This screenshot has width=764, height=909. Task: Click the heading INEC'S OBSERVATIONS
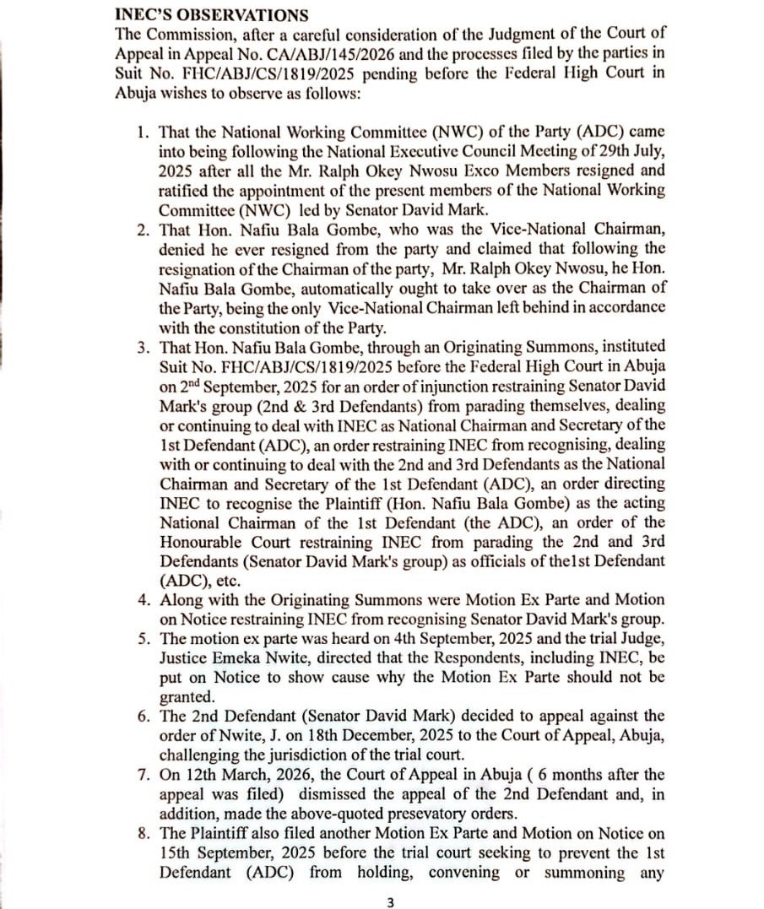pyautogui.click(x=211, y=15)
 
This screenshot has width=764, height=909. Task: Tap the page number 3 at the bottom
pyautogui.click(x=389, y=902)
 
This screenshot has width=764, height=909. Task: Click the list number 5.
pyautogui.click(x=143, y=638)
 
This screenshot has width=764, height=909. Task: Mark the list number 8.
pyautogui.click(x=143, y=832)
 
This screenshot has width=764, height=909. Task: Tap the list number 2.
pyautogui.click(x=143, y=230)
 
